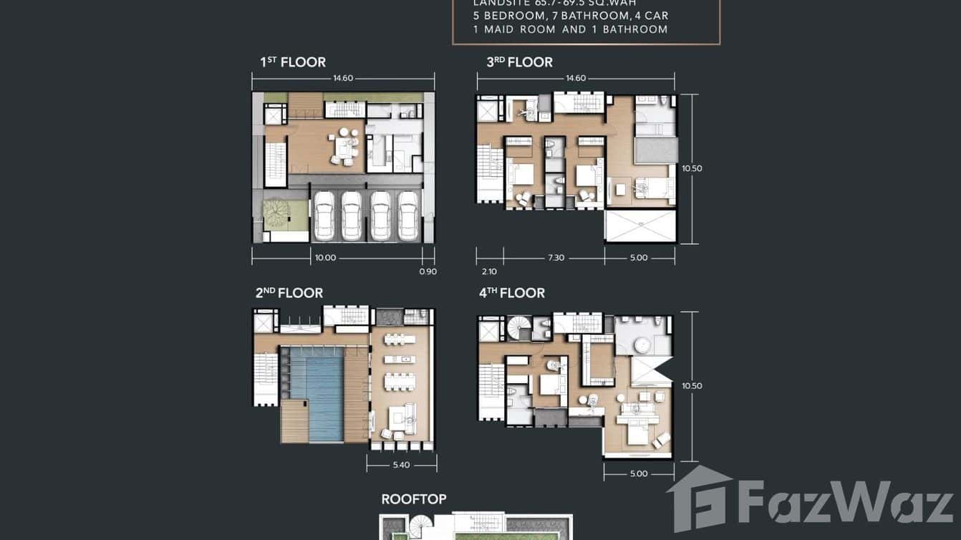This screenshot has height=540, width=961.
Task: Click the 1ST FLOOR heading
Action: [x=293, y=62]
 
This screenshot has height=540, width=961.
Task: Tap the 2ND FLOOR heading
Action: [x=289, y=293]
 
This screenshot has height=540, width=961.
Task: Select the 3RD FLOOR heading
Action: [x=519, y=62]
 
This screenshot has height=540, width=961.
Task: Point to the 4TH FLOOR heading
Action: [x=512, y=293]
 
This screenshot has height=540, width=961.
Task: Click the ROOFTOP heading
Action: [x=414, y=499]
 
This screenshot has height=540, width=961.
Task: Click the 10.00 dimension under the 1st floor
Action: [x=325, y=258]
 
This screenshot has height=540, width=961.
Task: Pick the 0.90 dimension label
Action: [x=428, y=271]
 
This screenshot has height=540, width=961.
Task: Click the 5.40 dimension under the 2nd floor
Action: [x=402, y=465]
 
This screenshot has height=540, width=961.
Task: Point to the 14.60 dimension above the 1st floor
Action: [x=342, y=78]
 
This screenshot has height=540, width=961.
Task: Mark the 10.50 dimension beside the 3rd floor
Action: [x=692, y=169]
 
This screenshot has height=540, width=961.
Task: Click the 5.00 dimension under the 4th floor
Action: [x=638, y=473]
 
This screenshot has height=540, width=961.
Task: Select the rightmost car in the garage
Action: [x=408, y=216]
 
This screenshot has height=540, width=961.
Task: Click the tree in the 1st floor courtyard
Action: [x=276, y=213]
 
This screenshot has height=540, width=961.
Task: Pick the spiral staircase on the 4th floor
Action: [x=521, y=329]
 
